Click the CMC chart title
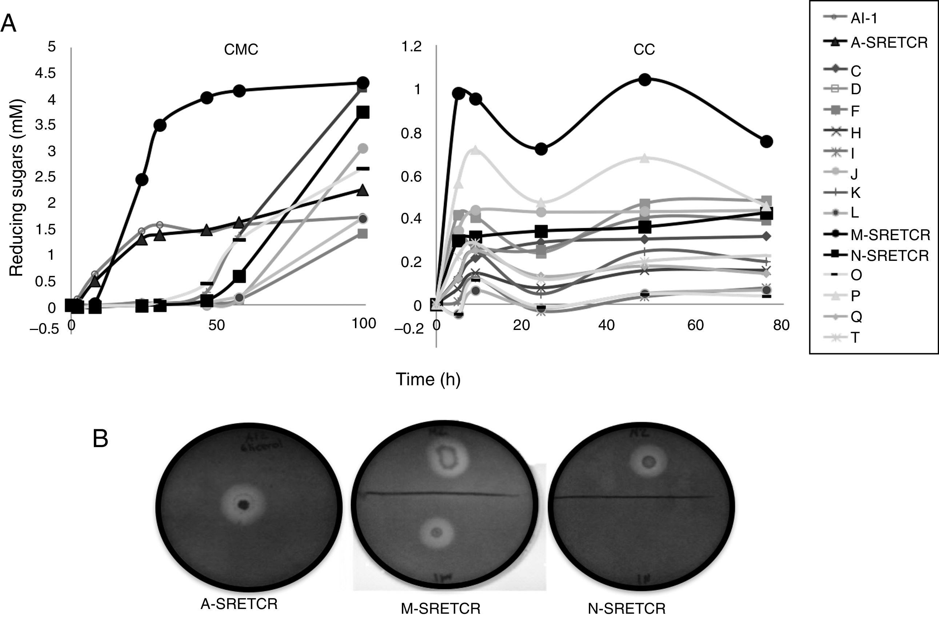click(241, 50)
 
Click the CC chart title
click(644, 50)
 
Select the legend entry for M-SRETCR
click(890, 235)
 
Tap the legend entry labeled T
click(855, 338)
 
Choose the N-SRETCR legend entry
click(889, 255)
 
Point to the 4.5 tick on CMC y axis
click(45, 73)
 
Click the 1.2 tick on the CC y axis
click(411, 47)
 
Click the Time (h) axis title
click(428, 379)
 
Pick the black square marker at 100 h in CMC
click(363, 112)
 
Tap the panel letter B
click(100, 439)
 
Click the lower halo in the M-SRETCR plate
click(436, 532)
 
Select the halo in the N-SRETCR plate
click(648, 461)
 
